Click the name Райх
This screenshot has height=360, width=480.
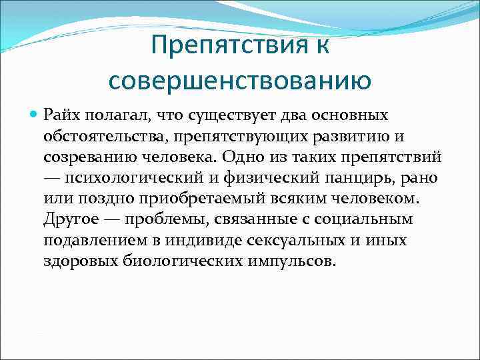[x=61, y=116]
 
